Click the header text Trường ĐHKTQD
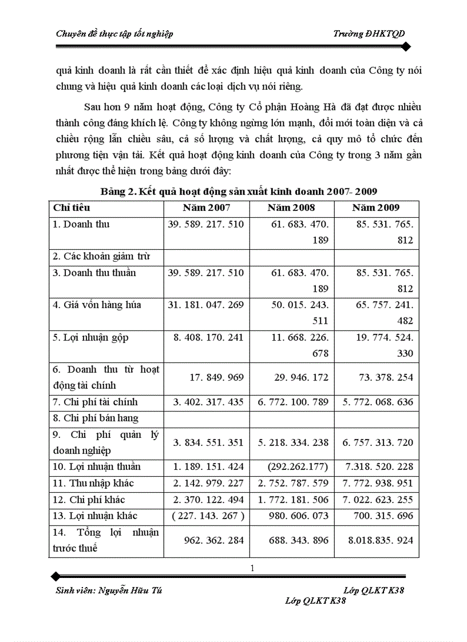369,34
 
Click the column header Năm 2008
291,208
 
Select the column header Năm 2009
376,208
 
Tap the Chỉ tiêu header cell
72,208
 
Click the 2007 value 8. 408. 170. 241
208,338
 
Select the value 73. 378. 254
384,378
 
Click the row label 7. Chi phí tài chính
95,402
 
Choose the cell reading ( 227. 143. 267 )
208,516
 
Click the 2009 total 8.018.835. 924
380,540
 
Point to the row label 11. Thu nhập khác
93,484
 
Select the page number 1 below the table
252,568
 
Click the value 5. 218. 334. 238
292,443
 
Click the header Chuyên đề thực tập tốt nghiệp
114,34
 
